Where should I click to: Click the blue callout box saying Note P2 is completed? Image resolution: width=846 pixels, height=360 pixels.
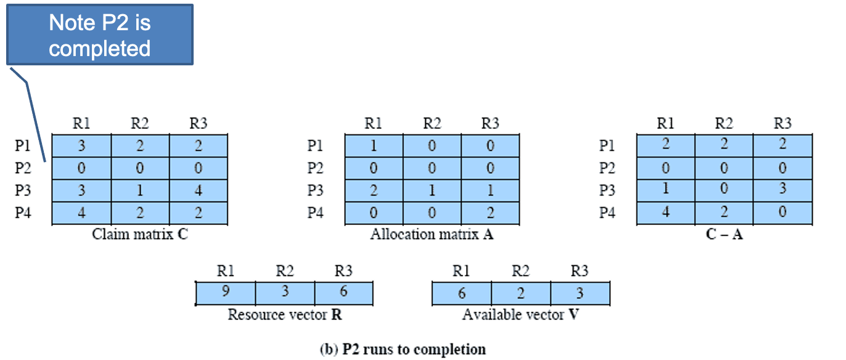pyautogui.click(x=100, y=35)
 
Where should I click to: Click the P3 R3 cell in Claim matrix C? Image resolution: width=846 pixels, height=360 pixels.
pyautogui.click(x=198, y=191)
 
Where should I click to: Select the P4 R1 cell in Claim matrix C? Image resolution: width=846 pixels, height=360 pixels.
pyautogui.click(x=81, y=213)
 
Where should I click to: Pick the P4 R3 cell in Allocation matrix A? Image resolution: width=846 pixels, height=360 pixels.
pyautogui.click(x=490, y=213)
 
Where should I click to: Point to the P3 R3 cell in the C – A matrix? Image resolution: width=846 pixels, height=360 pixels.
pyautogui.click(x=782, y=191)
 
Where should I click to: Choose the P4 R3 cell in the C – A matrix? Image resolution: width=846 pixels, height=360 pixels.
pyautogui.click(x=782, y=213)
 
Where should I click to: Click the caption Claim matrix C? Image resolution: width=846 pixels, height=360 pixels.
pyautogui.click(x=140, y=234)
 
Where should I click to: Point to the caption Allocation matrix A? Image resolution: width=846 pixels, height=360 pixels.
pyautogui.click(x=432, y=234)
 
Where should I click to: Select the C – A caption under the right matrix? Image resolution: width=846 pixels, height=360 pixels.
pyautogui.click(x=725, y=234)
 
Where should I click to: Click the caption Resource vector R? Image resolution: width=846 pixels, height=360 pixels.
pyautogui.click(x=285, y=314)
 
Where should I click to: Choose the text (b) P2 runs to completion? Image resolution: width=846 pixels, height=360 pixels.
pyautogui.click(x=403, y=350)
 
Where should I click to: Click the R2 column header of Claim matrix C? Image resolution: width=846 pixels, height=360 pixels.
pyautogui.click(x=140, y=124)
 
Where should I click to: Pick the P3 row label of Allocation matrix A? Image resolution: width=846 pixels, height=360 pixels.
pyautogui.click(x=314, y=191)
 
